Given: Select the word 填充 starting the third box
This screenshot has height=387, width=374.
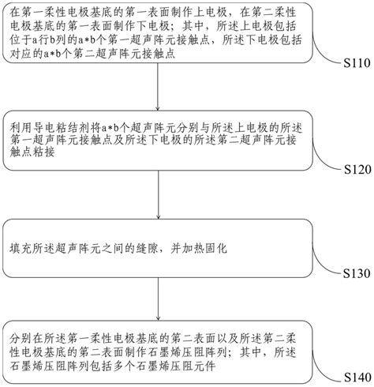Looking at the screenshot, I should click(x=21, y=248).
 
